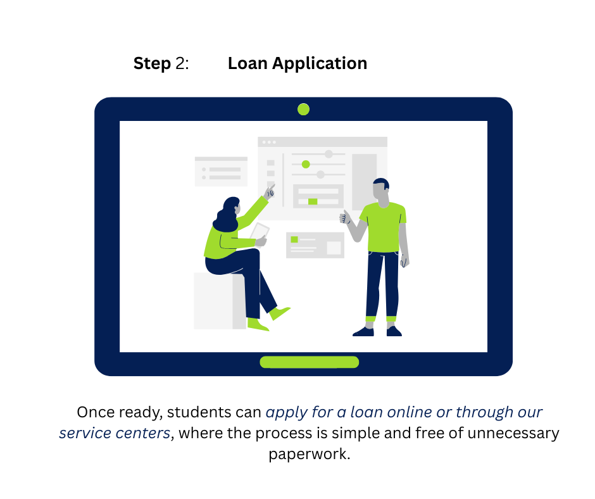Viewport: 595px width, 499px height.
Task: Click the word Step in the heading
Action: (152, 64)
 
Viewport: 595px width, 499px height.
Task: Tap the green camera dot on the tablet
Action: (303, 109)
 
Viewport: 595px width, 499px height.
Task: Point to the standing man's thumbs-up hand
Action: (345, 218)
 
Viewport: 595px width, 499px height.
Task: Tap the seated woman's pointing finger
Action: (271, 189)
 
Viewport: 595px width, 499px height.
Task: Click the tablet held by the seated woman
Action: (260, 232)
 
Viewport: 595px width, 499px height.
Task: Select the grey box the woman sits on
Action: (218, 301)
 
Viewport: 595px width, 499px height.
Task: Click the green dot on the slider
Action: (306, 164)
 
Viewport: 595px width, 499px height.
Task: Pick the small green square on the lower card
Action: (294, 239)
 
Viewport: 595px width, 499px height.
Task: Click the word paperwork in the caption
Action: (309, 454)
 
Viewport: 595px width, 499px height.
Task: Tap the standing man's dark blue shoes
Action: (377, 331)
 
